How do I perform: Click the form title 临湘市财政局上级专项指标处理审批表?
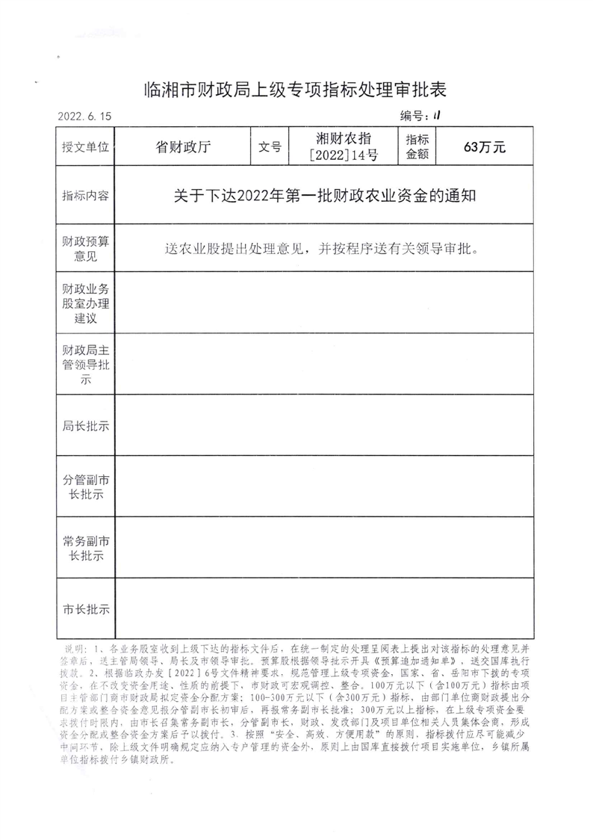296,90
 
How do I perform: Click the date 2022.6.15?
84,117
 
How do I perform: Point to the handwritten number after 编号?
437,116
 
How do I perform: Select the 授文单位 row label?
86,147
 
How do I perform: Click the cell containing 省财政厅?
182,147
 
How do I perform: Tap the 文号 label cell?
270,147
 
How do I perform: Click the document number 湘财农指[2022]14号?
344,147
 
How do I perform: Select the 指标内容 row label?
86,196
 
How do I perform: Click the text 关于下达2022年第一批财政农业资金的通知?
325,196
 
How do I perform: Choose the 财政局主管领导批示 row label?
86,365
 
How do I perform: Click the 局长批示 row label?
86,427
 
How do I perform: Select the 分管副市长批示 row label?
86,487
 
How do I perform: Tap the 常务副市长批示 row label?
86,549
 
